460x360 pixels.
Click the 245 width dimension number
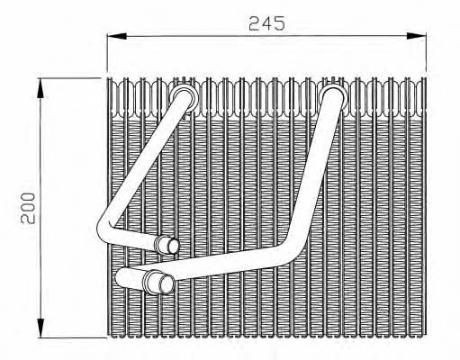click(x=266, y=23)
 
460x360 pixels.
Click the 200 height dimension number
click(x=28, y=209)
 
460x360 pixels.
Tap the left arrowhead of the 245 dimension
click(x=117, y=36)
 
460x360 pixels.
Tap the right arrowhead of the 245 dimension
click(x=417, y=36)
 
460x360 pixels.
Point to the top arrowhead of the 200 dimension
click(x=41, y=88)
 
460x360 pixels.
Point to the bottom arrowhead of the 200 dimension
click(x=41, y=328)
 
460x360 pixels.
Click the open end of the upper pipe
click(x=173, y=246)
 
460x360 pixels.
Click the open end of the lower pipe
click(x=167, y=284)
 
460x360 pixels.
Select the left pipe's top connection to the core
click(x=185, y=97)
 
